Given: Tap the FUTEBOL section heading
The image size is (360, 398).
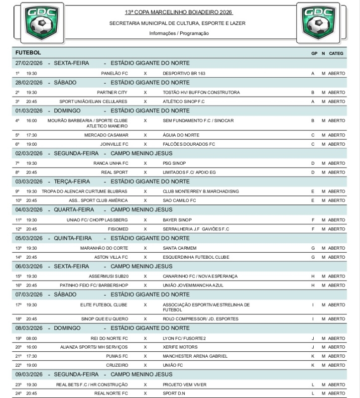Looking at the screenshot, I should tap(28, 53).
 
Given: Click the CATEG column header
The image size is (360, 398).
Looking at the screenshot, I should tap(337, 53).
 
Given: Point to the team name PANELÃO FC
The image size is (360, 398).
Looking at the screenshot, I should tap(115, 73).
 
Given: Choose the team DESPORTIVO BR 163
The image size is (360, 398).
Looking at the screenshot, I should tap(184, 73).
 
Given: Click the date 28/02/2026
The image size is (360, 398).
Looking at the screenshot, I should tap(29, 83).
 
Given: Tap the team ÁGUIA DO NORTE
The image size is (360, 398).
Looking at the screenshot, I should tap(181, 135).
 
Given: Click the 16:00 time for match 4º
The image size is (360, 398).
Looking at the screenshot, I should tap(32, 120).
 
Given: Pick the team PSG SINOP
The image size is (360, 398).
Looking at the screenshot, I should tap(175, 163).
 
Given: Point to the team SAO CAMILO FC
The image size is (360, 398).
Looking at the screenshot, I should tap(179, 200).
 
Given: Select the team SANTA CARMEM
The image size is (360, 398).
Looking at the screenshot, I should tap(180, 248).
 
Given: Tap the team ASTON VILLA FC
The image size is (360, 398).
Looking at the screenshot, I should tap(111, 257).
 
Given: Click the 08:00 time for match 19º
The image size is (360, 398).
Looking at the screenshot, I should tap(32, 338).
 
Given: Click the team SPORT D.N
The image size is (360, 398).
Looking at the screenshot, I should tap(174, 394).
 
